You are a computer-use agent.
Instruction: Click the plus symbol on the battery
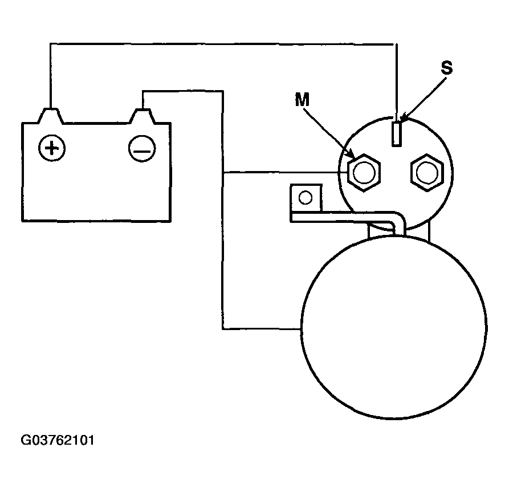(x=52, y=148)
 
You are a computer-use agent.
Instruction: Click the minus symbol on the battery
(x=142, y=149)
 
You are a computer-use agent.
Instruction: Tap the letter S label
(x=447, y=68)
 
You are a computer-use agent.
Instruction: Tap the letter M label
(x=302, y=99)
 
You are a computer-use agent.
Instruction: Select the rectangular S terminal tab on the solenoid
(x=396, y=133)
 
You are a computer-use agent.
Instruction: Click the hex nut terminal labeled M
(x=364, y=172)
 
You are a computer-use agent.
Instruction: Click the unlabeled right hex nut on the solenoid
(x=427, y=172)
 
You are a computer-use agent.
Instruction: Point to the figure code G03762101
(x=58, y=441)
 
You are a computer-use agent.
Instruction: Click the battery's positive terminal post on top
(x=51, y=116)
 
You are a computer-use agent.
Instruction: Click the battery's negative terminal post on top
(x=142, y=116)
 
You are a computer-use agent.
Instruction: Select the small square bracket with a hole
(x=306, y=198)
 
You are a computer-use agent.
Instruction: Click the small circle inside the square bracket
(x=306, y=198)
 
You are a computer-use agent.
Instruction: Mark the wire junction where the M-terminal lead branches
(x=223, y=172)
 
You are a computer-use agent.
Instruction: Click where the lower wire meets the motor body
(x=302, y=330)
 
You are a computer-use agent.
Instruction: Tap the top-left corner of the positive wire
(x=50, y=43)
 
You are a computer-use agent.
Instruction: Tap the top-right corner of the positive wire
(x=397, y=44)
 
